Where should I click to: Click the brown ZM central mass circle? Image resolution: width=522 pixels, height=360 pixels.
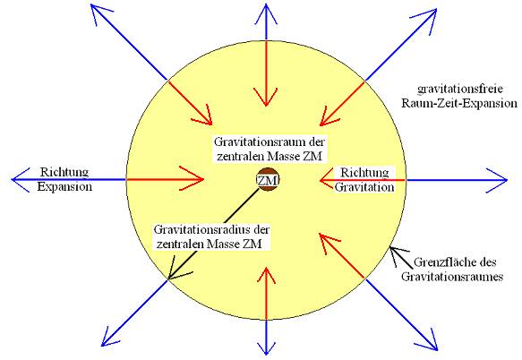click(x=268, y=180)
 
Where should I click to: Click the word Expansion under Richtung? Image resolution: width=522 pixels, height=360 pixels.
click(x=64, y=186)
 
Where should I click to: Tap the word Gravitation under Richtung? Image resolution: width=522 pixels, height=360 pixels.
click(x=364, y=187)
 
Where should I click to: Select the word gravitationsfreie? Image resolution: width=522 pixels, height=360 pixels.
click(x=459, y=90)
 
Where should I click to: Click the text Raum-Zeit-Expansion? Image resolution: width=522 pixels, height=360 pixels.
click(x=459, y=103)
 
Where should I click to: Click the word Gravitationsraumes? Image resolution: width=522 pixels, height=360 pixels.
click(x=452, y=277)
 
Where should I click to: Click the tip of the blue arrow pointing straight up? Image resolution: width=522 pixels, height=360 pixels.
click(x=266, y=4)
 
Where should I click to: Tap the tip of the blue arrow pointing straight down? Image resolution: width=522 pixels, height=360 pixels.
click(x=266, y=355)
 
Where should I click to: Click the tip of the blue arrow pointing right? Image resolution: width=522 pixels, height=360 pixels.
click(x=507, y=180)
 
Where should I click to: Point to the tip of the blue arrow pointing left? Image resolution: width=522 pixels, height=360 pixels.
click(x=12, y=179)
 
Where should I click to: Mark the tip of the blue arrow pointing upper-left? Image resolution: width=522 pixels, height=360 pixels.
click(x=91, y=5)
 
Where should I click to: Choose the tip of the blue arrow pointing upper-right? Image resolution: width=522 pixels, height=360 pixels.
click(x=436, y=9)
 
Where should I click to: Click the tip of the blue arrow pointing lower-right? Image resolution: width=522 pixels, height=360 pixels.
click(x=437, y=350)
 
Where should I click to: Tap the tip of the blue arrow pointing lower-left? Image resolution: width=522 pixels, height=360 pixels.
click(x=101, y=346)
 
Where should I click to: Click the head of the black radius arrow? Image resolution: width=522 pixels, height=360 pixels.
click(x=169, y=279)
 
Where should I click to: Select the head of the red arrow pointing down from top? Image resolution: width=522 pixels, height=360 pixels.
click(x=266, y=106)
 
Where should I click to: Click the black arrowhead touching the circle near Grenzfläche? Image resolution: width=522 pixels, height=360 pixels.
click(x=391, y=248)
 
